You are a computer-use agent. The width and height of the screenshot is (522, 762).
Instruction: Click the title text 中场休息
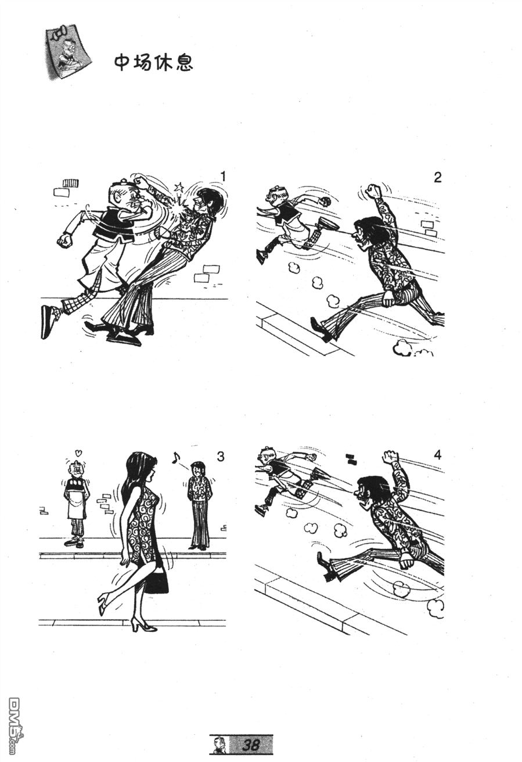tap(154, 63)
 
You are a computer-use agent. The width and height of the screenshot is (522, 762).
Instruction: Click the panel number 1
tap(223, 177)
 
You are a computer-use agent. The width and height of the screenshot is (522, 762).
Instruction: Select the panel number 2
tap(438, 177)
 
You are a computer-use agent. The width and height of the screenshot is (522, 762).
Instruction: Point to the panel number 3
tap(221, 456)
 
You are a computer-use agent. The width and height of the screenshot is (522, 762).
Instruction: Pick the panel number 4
tap(438, 455)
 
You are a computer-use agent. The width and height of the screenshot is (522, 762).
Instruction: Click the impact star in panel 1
tap(178, 187)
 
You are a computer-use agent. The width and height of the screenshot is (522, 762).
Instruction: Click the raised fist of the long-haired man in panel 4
tap(390, 458)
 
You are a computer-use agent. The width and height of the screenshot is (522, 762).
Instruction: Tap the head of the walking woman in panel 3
tap(141, 468)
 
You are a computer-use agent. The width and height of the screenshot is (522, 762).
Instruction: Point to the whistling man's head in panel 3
tap(197, 469)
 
